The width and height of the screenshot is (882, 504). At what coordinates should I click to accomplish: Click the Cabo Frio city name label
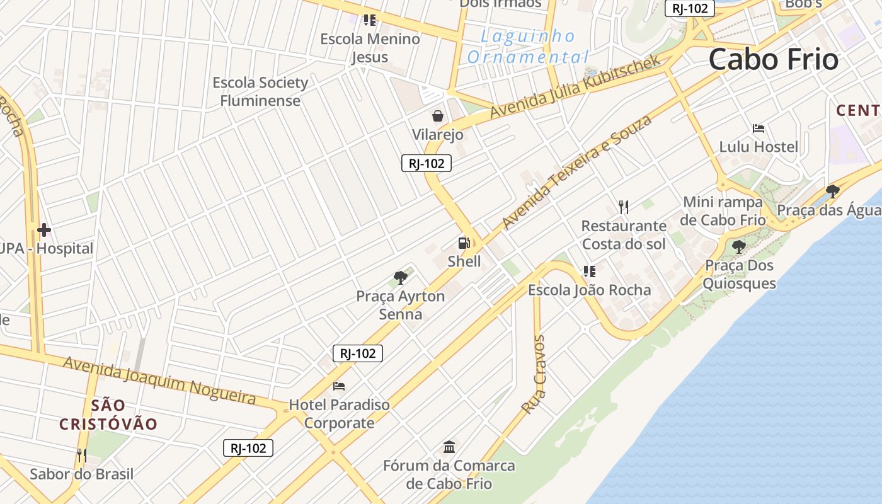coord(774,60)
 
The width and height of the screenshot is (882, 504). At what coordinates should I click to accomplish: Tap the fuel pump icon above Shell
coord(464,243)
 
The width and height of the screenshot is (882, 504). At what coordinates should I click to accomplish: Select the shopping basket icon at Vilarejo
coord(438,116)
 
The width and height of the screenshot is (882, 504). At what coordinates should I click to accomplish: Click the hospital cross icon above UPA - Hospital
coord(43,229)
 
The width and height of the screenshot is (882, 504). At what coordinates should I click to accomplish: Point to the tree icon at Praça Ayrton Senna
coord(401,277)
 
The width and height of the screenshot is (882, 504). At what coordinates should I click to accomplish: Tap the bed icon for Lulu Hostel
coord(759,129)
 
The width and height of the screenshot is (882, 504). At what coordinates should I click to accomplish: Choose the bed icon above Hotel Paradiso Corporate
coord(339,386)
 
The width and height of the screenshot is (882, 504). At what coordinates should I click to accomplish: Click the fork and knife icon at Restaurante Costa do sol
coord(624,207)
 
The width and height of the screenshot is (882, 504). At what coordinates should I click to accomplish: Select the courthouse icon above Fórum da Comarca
coord(449,447)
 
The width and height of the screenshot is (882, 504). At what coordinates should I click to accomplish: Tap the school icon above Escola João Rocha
coord(589,272)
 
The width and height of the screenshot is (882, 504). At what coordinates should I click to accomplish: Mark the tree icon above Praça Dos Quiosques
coord(739,246)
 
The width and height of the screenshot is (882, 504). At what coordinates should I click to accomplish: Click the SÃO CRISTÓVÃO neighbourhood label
coord(108,415)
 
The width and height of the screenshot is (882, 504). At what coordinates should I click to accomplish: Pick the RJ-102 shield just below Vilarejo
coord(427,163)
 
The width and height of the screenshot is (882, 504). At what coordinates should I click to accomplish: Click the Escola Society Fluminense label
coord(260,91)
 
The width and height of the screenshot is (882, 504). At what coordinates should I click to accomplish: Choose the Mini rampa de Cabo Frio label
coord(723,211)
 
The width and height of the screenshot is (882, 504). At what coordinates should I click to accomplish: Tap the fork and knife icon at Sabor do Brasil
coord(81,455)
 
